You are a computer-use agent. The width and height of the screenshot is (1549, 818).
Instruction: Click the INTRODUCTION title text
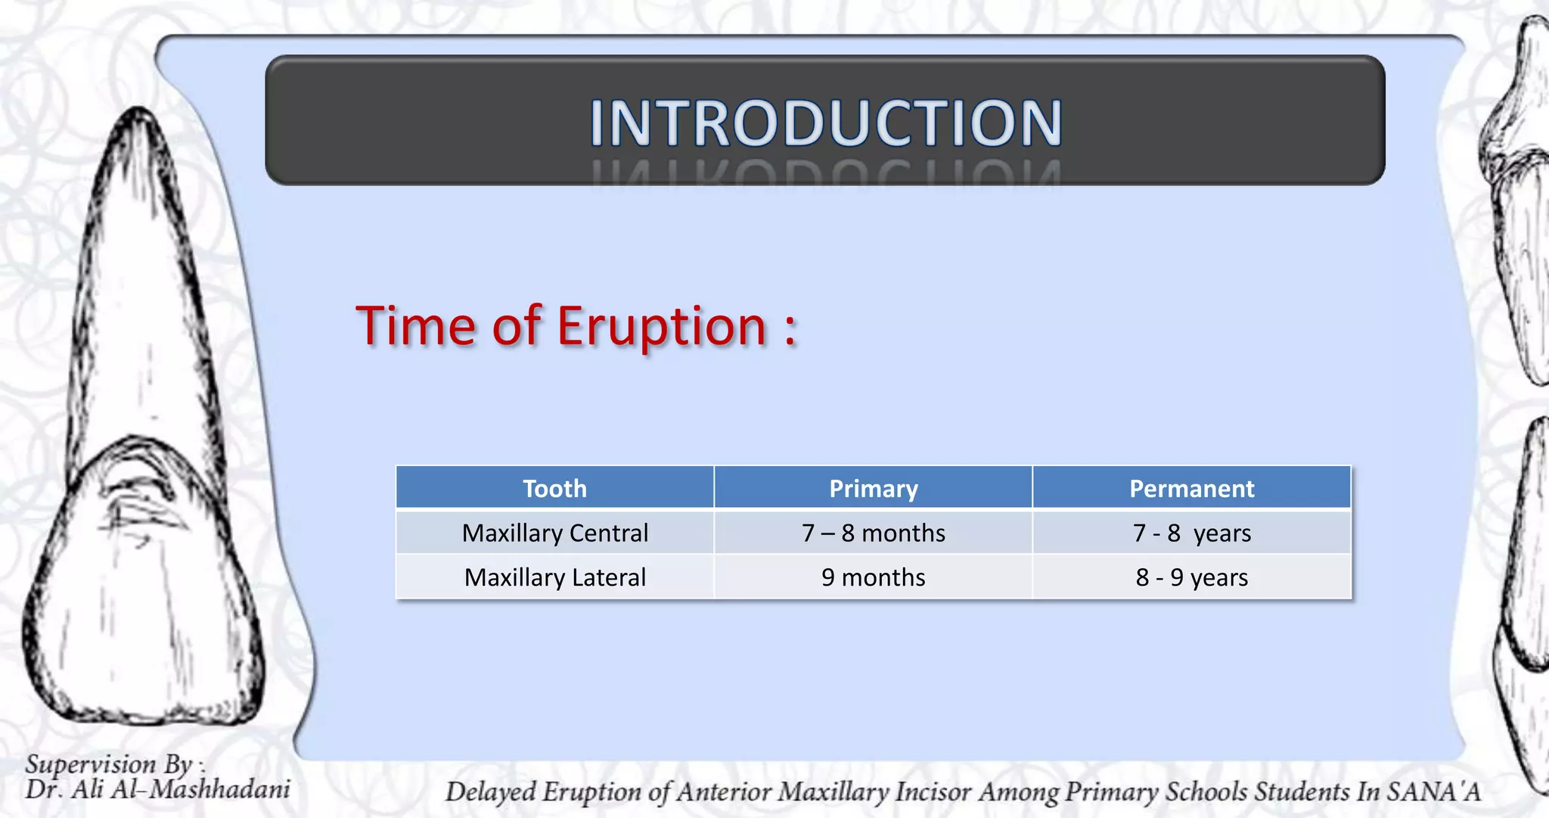[825, 123]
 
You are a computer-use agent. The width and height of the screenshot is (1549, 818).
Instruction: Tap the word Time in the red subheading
[415, 326]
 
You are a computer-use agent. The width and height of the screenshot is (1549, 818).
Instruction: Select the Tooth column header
[554, 488]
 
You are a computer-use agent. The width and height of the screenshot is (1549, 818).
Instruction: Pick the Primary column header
[873, 488]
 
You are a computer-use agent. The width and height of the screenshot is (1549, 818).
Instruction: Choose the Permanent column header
[1191, 488]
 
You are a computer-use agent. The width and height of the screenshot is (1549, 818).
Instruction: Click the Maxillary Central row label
[554, 533]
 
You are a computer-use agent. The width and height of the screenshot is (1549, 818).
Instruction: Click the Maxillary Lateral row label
[554, 577]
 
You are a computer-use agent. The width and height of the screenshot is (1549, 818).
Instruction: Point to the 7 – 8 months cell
[873, 533]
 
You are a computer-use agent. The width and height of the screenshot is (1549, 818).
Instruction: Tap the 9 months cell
[873, 577]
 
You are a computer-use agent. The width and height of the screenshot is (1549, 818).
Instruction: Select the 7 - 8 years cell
[1191, 533]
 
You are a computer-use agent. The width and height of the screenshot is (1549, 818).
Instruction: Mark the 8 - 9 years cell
[1191, 577]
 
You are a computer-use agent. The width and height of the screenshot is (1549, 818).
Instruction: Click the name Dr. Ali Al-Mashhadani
[157, 790]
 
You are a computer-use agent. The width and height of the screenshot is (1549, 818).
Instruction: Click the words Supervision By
[110, 764]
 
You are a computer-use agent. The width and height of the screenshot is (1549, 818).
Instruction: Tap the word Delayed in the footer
[490, 792]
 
